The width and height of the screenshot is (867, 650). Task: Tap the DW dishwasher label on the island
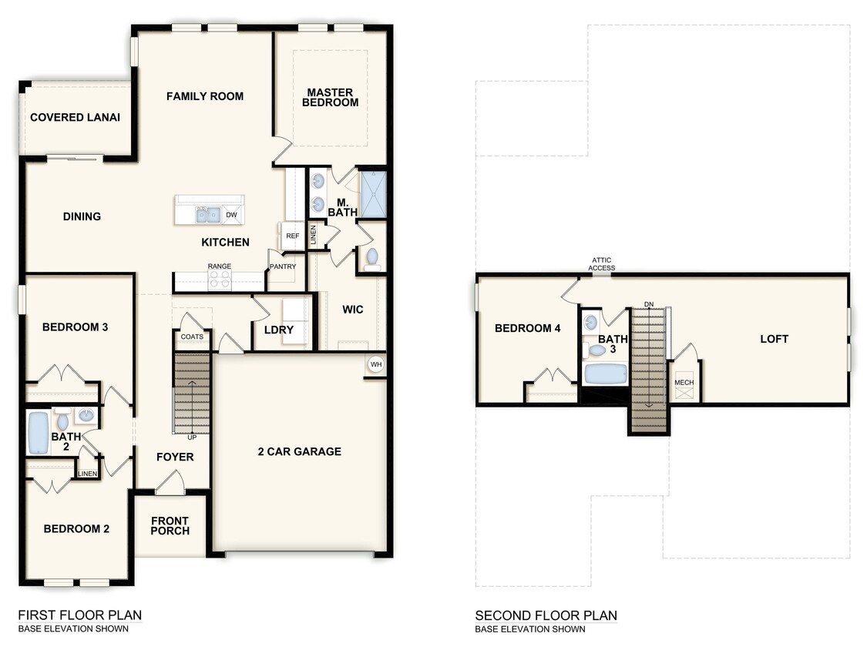(231, 215)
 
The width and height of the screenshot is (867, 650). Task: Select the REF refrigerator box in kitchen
(293, 236)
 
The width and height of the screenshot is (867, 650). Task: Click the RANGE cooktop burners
(220, 280)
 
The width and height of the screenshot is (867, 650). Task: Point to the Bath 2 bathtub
(38, 433)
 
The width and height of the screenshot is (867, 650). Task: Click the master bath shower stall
(372, 196)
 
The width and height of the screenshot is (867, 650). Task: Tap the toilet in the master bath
(372, 257)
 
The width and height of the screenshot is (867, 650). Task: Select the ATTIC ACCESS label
(602, 263)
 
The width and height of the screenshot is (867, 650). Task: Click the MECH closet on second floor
(684, 383)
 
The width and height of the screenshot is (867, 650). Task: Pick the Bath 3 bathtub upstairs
(604, 375)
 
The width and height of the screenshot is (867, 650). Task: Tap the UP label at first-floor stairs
(192, 437)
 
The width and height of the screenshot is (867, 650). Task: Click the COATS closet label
(192, 337)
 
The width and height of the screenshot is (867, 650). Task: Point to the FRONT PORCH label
(170, 526)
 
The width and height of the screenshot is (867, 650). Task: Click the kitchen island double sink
(207, 215)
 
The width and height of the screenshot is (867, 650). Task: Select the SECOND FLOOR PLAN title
(546, 615)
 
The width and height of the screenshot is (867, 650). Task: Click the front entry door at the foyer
(170, 484)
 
